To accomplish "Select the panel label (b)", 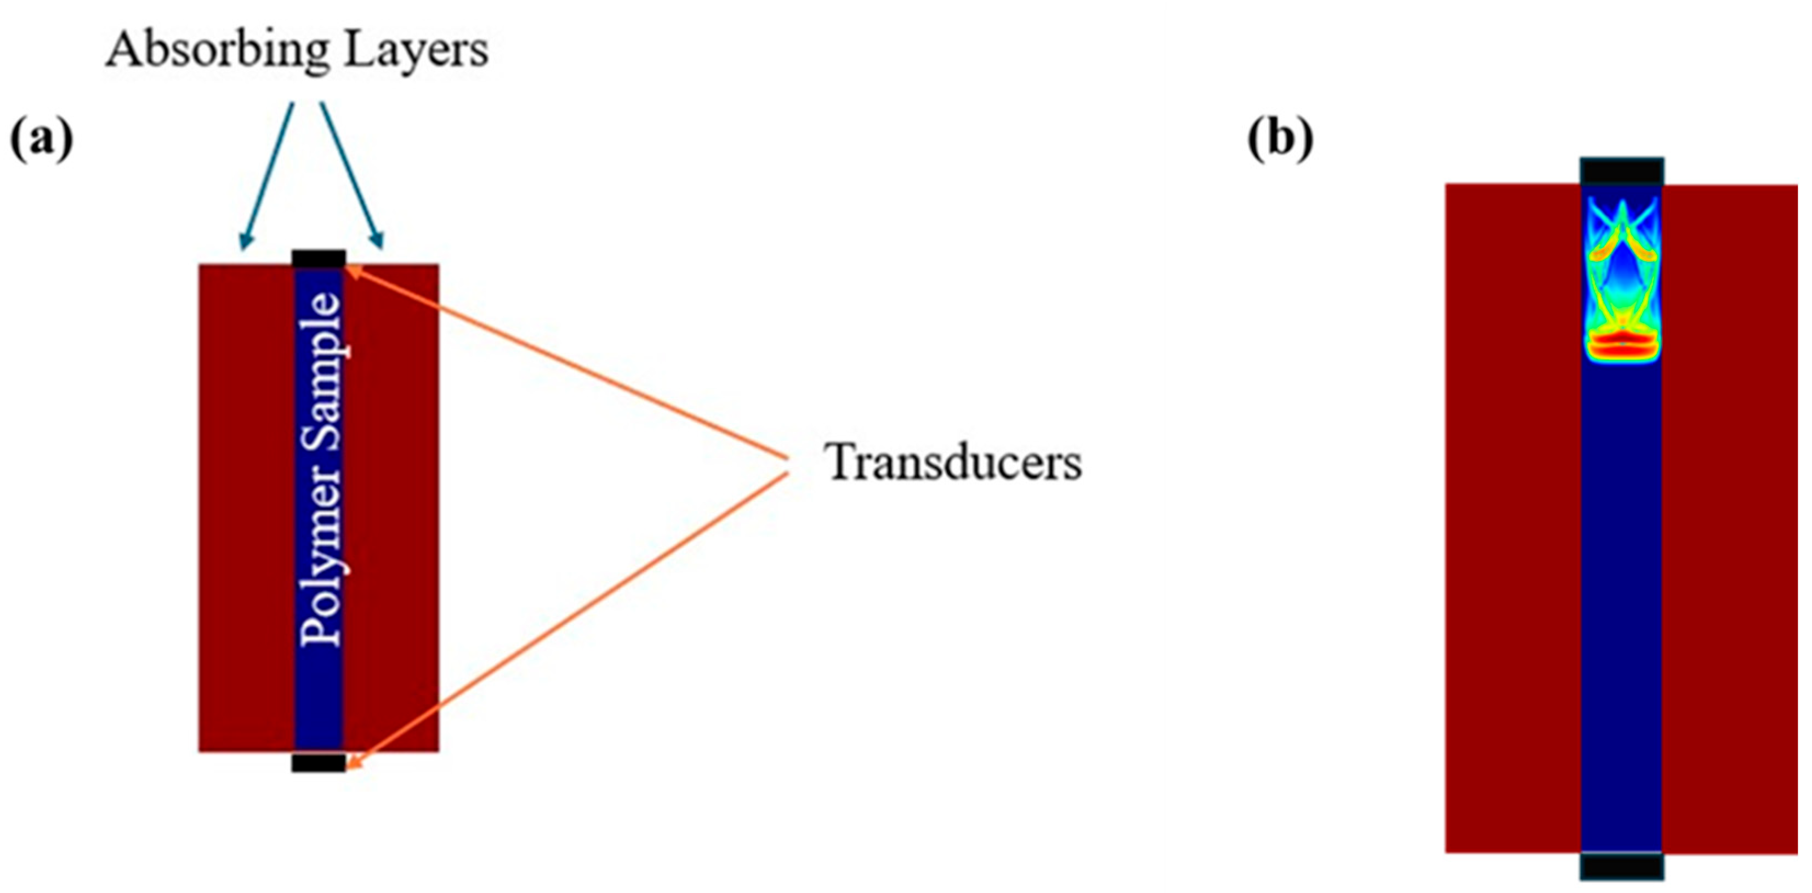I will [1280, 139].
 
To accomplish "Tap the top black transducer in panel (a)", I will [319, 258].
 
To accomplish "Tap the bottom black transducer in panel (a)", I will [319, 762].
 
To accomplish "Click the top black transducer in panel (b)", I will [1621, 172].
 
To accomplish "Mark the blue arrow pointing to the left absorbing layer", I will [268, 176].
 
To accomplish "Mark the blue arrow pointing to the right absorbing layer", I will [351, 176].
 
